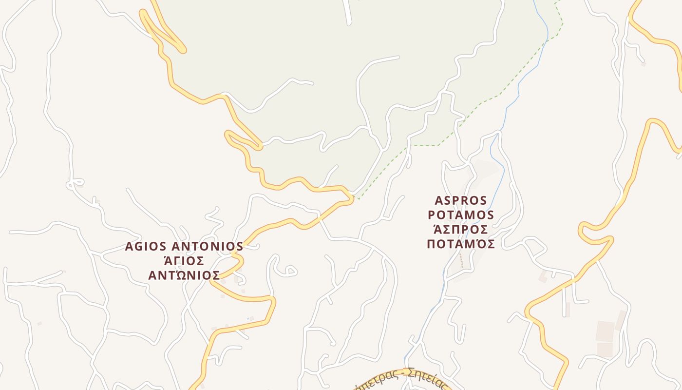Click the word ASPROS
tap(460, 200)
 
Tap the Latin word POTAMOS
tap(461, 215)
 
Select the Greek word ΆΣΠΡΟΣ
tap(461, 230)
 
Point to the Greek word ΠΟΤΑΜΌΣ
tap(461, 244)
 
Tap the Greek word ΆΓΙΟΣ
tap(184, 261)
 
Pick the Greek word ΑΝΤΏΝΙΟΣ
tap(184, 276)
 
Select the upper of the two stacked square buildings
tap(606, 331)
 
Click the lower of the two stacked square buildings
tap(605, 350)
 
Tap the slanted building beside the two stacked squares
tap(621, 320)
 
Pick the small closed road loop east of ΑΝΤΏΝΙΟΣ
tap(290, 271)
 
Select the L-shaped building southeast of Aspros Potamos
tap(543, 276)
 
